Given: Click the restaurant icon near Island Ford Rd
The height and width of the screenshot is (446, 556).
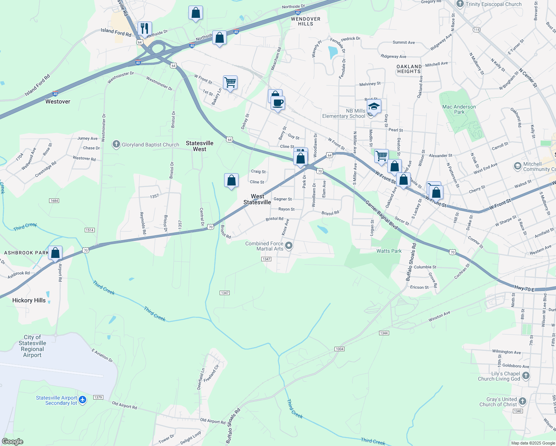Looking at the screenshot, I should click(x=145, y=28).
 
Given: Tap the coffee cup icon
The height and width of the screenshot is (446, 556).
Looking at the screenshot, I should click(x=278, y=103).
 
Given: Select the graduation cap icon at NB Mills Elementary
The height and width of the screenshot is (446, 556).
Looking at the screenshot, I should click(x=374, y=107).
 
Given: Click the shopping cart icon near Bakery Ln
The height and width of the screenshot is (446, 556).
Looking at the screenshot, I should click(x=230, y=82).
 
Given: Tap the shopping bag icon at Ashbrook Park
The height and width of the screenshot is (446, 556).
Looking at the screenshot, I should click(x=55, y=253).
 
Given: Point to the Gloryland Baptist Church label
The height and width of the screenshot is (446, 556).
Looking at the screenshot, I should click(x=150, y=145).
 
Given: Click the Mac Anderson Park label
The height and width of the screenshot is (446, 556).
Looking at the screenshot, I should click(x=459, y=109).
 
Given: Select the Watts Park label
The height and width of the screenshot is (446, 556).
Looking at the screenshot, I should click(x=389, y=251).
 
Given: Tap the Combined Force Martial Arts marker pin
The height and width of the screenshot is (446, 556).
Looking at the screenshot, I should click(x=289, y=246).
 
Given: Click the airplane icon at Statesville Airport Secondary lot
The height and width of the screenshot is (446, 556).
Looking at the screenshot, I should click(x=83, y=400).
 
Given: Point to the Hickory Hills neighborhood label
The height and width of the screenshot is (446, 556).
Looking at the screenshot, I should click(x=29, y=300).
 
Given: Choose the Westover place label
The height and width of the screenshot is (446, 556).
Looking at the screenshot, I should click(x=58, y=101).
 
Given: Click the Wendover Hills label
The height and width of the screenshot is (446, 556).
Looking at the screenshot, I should click(x=306, y=21).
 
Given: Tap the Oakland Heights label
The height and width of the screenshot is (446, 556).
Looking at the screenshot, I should click(x=409, y=69).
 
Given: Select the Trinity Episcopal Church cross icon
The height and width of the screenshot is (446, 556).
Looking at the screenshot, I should click(x=460, y=4).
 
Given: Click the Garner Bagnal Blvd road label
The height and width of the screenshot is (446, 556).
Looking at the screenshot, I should click(x=381, y=215).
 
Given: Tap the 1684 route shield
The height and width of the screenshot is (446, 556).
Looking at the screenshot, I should click(x=54, y=201).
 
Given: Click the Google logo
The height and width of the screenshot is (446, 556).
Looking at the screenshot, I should click(x=13, y=442).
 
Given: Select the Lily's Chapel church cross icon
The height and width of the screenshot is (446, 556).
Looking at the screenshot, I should click(x=526, y=376).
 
